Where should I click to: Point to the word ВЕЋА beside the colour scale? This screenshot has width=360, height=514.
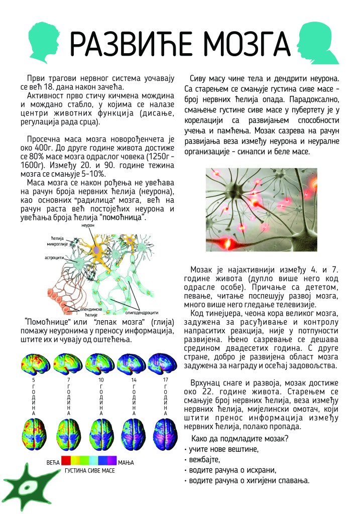(x=52, y=461)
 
